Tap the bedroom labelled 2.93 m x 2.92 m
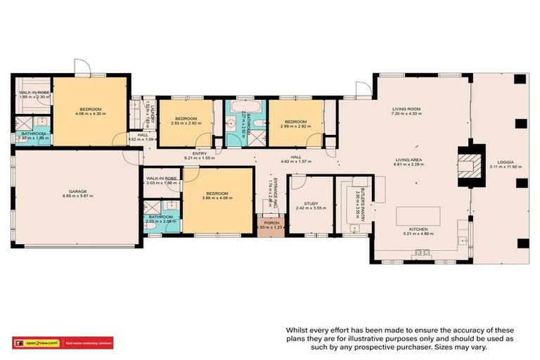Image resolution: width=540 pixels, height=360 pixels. point(184,120)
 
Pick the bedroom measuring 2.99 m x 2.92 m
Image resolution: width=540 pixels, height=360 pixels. point(295,120)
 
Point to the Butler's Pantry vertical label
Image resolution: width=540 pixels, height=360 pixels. point(357,205)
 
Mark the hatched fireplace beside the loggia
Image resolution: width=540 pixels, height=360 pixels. point(467,167)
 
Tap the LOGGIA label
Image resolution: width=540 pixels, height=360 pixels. point(505,160)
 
